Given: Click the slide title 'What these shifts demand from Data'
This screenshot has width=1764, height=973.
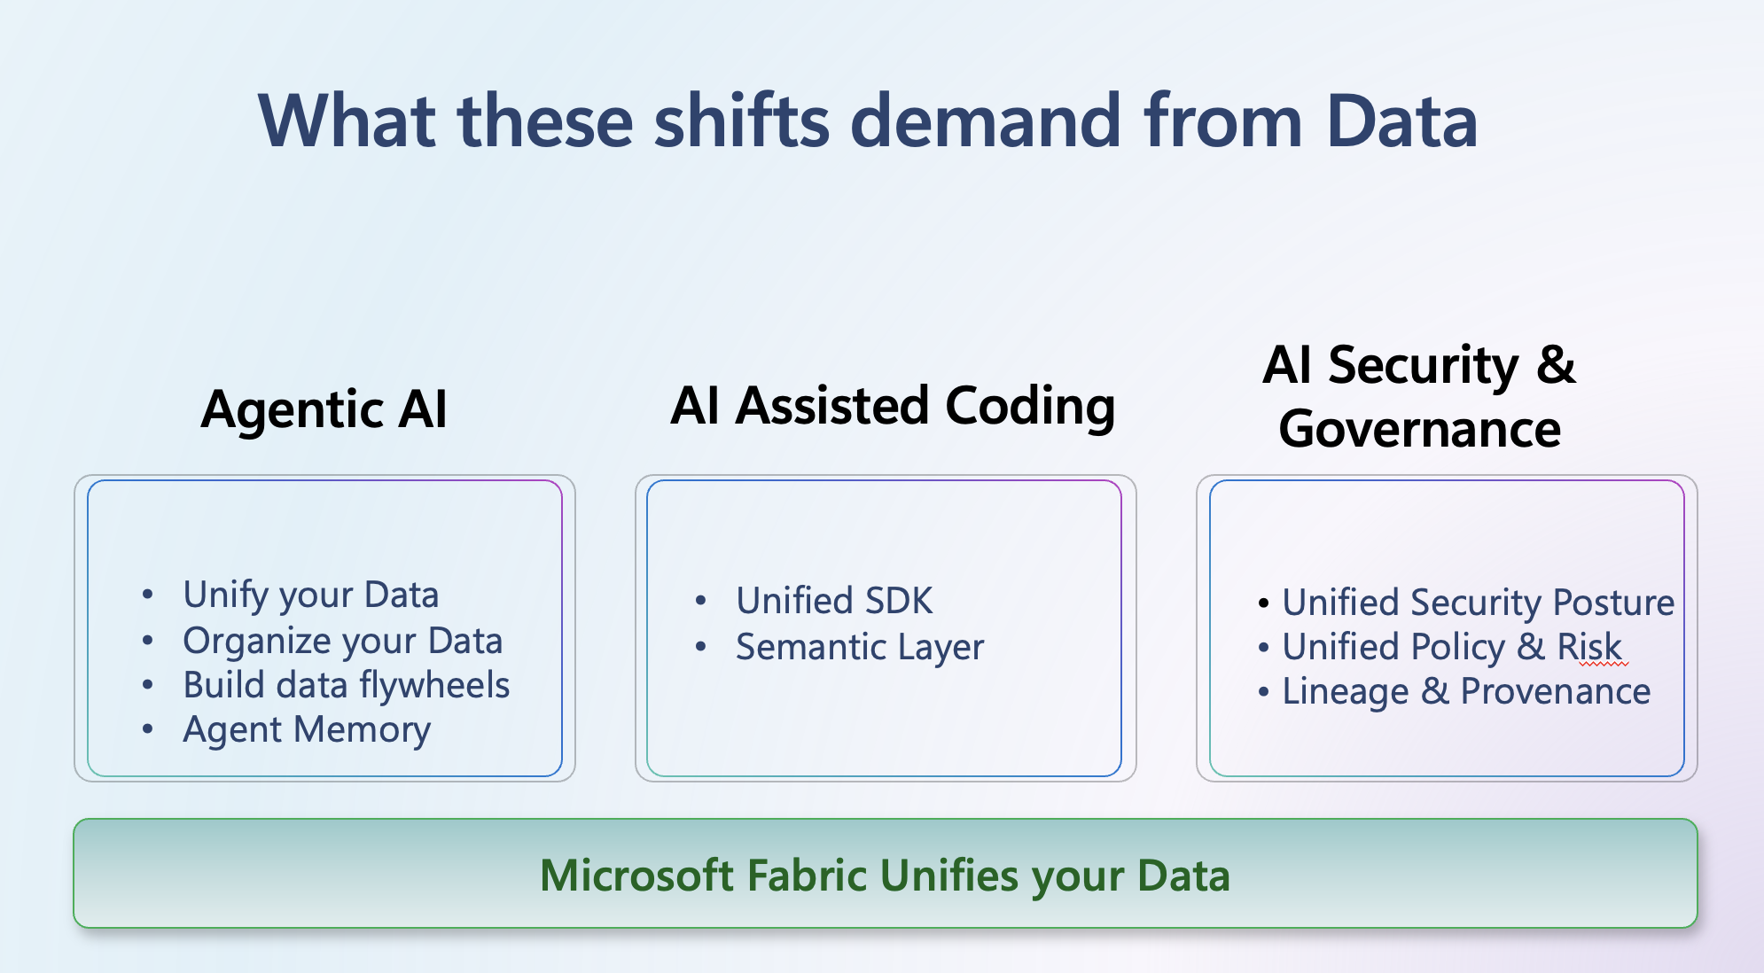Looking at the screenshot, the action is coord(868,121).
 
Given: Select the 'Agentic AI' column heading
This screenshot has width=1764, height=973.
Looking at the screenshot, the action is coord(324,410).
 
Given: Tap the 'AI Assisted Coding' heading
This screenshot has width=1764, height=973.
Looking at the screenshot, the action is coord(893,407).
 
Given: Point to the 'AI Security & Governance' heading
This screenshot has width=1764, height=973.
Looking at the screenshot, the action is coord(1420,397).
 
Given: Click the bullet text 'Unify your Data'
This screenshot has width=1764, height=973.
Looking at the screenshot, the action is coord(311,595).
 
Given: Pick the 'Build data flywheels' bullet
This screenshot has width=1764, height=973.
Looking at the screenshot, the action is coord(347,686).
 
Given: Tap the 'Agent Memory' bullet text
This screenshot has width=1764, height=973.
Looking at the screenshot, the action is coord(307,731).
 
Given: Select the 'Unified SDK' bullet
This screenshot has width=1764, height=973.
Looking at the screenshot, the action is coord(834,601).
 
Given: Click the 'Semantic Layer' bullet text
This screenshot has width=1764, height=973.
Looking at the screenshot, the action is coord(860,648).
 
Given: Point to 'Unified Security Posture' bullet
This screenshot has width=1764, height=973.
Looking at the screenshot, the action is coord(1479,603).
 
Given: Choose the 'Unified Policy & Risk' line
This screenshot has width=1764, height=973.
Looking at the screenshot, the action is coord(1452,648).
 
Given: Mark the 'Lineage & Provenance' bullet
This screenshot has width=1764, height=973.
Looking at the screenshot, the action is coord(1466,692).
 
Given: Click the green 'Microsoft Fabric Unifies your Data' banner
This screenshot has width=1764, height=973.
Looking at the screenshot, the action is coord(885,874).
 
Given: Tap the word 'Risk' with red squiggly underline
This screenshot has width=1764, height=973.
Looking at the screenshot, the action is coord(1590,648).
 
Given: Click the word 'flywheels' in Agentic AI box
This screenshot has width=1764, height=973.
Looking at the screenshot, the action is coord(434,686).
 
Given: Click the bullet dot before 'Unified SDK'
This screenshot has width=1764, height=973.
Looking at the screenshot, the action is coord(701,602).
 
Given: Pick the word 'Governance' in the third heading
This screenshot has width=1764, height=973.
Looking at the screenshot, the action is coord(1420,430).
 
